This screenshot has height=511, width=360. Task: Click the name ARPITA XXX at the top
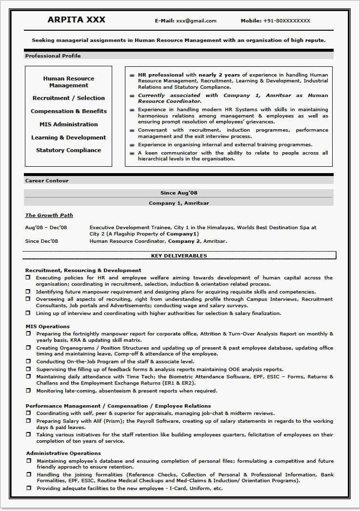point(77,20)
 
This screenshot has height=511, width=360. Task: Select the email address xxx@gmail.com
point(196,21)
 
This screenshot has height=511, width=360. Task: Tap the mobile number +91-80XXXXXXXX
point(287,21)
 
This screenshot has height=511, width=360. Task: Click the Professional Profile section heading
point(53,56)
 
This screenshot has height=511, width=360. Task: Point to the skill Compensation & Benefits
point(69,111)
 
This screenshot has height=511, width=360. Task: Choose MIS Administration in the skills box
point(69,124)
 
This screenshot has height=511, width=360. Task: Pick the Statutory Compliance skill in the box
point(69,150)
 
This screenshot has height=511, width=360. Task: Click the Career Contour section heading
point(47,181)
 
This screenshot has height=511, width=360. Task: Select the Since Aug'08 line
point(179,193)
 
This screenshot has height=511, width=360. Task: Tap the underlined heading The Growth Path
point(49,215)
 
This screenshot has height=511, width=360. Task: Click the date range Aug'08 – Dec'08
point(46,227)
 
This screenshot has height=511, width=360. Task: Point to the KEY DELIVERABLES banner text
point(179,255)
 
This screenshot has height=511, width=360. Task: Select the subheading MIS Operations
point(47,326)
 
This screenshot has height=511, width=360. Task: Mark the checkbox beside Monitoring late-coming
point(28,391)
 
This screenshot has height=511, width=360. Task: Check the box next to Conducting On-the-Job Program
point(28,361)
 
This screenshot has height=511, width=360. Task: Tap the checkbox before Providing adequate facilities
point(28,488)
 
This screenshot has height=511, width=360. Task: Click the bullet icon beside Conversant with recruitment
point(132,131)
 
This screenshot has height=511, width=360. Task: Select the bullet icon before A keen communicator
point(132,153)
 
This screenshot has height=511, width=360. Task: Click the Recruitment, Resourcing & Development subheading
point(83,270)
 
